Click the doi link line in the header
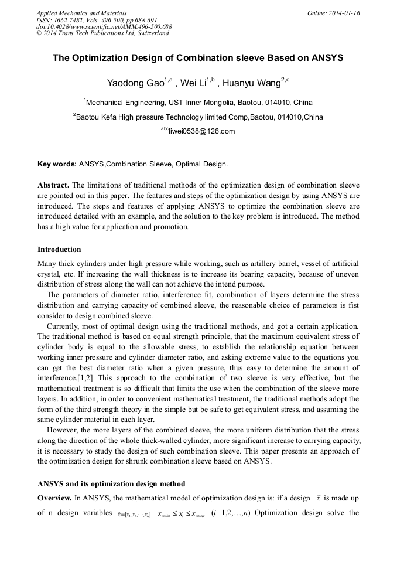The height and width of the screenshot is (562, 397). coord(104,26)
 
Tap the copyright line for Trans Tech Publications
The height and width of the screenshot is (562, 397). coord(102,33)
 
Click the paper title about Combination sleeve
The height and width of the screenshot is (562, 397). coord(198,58)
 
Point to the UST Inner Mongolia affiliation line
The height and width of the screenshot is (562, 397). coord(199,102)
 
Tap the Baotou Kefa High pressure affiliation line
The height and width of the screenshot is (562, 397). coord(199,117)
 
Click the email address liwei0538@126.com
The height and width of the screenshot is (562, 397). coord(201,131)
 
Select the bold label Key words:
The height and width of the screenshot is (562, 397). coord(57,164)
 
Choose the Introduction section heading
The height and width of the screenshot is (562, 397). coord(59,250)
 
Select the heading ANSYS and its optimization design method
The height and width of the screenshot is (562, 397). coord(111,484)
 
